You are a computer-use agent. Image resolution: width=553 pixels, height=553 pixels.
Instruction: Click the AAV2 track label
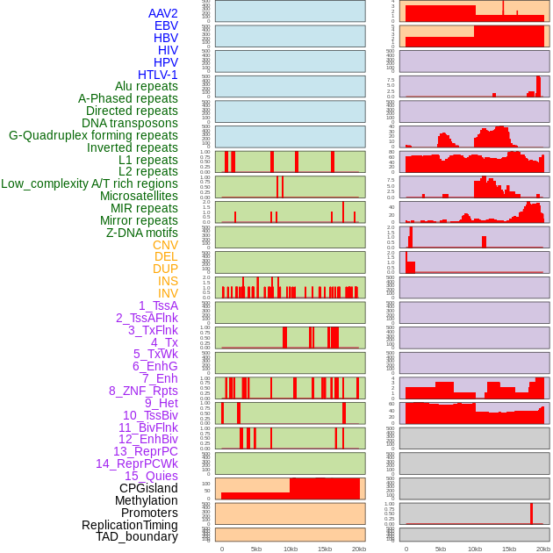[163, 13]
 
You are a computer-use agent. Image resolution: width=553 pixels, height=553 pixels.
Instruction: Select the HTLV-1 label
[158, 75]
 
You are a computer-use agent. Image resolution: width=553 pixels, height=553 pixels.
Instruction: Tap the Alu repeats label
[147, 86]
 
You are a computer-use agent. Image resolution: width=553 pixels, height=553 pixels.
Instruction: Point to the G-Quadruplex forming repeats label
[93, 135]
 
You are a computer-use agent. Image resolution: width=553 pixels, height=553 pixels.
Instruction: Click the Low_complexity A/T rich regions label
[90, 183]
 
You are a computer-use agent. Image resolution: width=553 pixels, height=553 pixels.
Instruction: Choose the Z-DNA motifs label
[142, 233]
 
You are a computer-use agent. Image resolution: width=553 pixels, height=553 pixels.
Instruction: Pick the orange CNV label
[165, 245]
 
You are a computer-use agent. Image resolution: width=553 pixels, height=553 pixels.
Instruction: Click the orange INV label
[168, 293]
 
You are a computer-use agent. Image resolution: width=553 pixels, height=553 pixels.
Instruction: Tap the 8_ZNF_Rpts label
[143, 391]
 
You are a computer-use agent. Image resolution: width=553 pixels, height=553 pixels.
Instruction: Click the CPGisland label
[148, 488]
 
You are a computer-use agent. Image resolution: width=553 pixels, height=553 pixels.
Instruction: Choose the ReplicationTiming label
[129, 525]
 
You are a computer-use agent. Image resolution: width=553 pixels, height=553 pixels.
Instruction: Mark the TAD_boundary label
[137, 536]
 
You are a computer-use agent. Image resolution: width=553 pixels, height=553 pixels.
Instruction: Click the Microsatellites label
[139, 196]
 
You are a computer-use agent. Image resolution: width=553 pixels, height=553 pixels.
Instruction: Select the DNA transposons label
[130, 123]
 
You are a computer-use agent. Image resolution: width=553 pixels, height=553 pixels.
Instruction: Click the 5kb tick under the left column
[256, 549]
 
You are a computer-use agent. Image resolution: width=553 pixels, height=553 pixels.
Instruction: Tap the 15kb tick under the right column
[509, 549]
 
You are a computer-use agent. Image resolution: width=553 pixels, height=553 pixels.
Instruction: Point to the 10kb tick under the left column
[291, 549]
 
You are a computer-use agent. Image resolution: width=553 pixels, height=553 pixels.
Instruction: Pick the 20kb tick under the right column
[543, 549]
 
